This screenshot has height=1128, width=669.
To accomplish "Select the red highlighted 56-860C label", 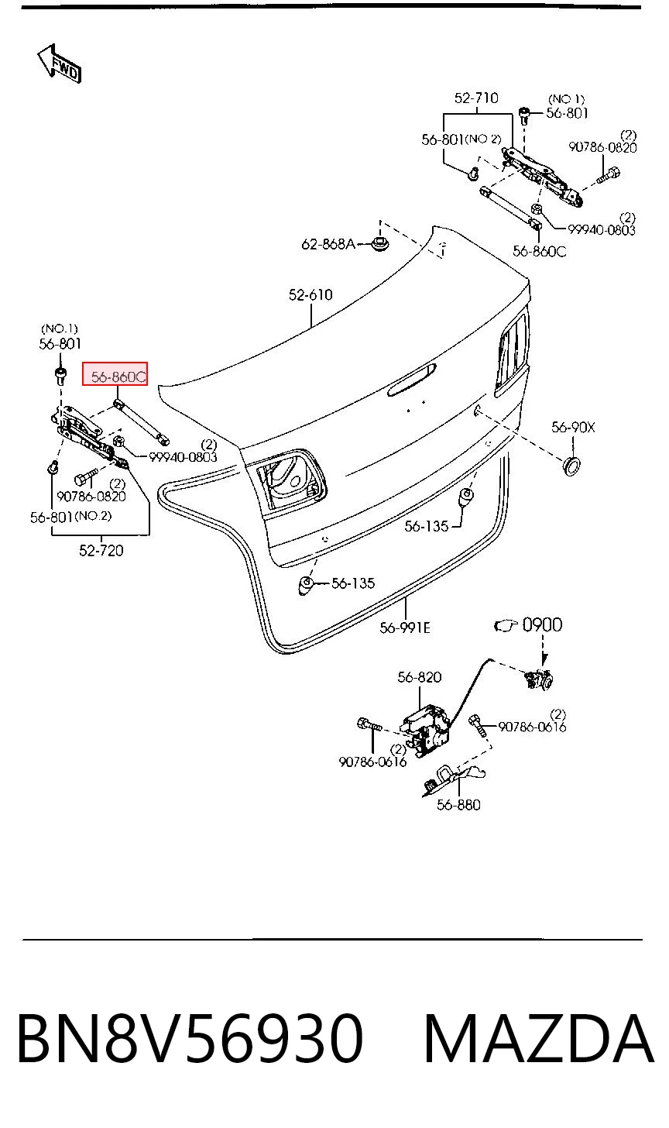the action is point(115,373).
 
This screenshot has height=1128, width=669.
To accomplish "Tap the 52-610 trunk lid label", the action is point(310,294).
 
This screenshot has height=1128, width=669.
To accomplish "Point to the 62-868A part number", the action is point(328,244).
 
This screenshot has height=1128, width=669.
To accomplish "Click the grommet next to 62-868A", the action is point(379,245).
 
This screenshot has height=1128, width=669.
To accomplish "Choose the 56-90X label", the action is point(573,428).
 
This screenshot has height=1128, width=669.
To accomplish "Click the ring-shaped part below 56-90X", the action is point(571,466).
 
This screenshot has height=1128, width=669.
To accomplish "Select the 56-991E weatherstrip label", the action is point(405,628).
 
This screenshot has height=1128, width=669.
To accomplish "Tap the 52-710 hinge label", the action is point(476,98).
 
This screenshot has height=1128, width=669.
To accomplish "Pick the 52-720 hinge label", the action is point(101,550).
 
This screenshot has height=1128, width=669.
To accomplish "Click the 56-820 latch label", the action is point(420,677).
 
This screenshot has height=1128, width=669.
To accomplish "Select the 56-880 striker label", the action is point(458,805).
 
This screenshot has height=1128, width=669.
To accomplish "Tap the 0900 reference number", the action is point(542,625).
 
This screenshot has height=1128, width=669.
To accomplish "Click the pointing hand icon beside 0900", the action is point(506,625).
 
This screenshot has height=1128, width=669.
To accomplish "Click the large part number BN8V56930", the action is point(190,1039).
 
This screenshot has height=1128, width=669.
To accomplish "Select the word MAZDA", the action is point(539,1039).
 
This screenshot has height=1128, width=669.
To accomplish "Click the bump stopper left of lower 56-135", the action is point(306,586).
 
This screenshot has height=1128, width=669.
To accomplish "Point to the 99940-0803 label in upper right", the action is point(602,230).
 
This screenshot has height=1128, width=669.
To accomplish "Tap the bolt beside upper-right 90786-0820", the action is point(609,176).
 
